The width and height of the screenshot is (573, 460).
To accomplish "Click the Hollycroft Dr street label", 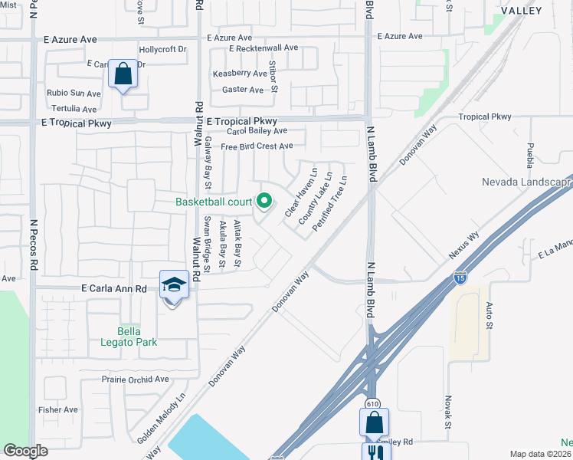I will click(x=162, y=49).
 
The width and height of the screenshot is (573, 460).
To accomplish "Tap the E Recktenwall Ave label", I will click(x=264, y=48).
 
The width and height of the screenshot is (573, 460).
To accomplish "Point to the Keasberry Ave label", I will click(x=240, y=73).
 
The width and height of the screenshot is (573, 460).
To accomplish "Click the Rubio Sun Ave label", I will click(x=74, y=94).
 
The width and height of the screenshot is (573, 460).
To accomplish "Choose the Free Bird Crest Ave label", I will click(x=257, y=146).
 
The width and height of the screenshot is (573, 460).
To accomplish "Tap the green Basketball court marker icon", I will click(x=264, y=202).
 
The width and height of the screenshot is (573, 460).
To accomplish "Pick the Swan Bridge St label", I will click(x=206, y=242).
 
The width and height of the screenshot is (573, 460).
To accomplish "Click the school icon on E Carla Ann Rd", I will click(x=174, y=284).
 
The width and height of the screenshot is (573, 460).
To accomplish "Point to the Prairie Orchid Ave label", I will click(x=135, y=379).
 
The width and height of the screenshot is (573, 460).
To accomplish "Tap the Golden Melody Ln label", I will click(x=162, y=419).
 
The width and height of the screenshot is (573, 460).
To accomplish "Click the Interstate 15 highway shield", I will click(x=460, y=278).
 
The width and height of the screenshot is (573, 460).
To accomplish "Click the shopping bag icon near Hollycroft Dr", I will click(x=123, y=74).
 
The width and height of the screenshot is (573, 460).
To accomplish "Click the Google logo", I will click(x=26, y=451).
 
